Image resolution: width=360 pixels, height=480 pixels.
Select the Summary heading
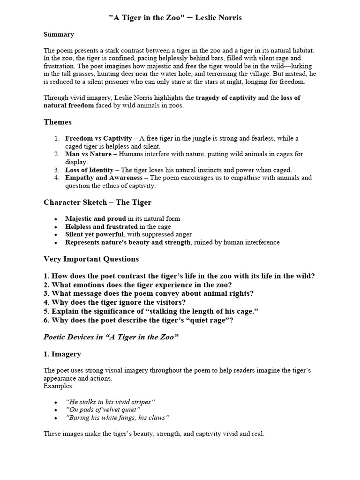click(x=59, y=34)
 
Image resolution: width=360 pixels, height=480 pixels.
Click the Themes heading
click(x=58, y=122)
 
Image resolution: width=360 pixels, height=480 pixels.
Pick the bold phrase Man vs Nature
click(x=89, y=154)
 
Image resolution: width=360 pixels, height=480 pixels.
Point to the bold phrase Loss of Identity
click(x=89, y=170)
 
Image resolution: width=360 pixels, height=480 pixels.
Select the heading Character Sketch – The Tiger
click(x=97, y=202)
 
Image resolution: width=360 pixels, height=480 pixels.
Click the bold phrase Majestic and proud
click(x=96, y=218)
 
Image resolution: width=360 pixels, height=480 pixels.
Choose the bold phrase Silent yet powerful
click(x=95, y=234)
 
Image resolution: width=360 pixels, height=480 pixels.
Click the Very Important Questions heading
click(x=91, y=259)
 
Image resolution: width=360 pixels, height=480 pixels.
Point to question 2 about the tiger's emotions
click(x=138, y=285)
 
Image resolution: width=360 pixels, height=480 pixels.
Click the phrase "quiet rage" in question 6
click(x=208, y=320)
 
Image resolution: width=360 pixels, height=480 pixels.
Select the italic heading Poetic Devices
click(x=111, y=337)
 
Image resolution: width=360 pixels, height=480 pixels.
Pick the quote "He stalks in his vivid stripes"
click(x=110, y=402)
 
